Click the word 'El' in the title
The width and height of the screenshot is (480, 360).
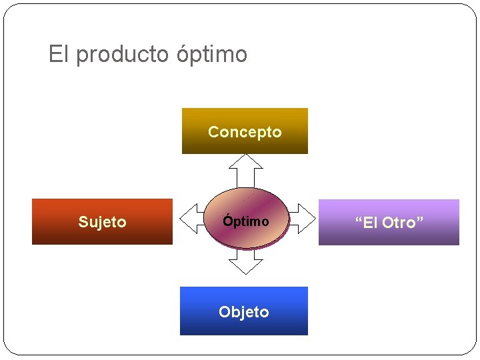point(58,54)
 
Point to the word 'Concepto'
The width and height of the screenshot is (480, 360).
point(245,132)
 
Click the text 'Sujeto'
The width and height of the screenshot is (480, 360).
point(102,222)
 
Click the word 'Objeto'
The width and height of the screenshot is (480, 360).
point(244,312)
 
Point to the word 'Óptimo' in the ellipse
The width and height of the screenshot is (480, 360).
point(246,221)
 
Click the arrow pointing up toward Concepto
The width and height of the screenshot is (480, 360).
point(245,169)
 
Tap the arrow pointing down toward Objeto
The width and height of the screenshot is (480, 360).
point(245,264)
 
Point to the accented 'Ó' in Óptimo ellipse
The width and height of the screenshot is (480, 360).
point(227,221)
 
